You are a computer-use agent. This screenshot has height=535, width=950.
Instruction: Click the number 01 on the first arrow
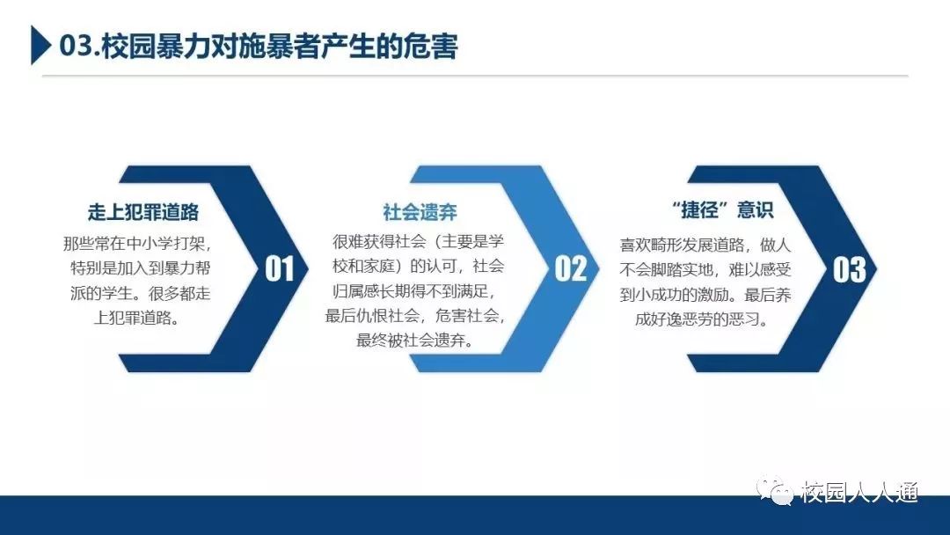(280, 269)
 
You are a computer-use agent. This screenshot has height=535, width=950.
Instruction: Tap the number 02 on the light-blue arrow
(570, 269)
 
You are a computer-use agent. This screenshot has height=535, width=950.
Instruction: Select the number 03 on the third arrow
(849, 269)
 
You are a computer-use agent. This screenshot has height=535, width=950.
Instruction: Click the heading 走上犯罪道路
(143, 212)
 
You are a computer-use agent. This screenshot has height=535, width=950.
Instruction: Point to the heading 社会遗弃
(420, 212)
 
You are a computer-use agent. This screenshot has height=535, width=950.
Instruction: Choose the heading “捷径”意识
(722, 209)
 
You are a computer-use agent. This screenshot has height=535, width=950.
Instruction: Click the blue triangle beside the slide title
(40, 45)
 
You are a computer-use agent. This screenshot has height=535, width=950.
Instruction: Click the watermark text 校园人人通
(859, 492)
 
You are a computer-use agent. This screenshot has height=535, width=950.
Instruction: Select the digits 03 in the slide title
(76, 47)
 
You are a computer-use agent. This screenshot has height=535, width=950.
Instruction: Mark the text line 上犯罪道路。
(137, 318)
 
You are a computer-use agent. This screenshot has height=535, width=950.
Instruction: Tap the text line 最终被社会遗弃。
(415, 340)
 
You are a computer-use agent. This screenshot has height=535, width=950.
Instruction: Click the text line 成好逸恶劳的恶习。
(702, 319)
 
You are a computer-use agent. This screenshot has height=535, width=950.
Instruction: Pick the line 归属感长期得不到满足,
(415, 291)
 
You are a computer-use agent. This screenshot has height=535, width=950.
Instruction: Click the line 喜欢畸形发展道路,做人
(705, 245)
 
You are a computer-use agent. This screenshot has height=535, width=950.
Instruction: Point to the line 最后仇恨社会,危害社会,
(415, 315)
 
